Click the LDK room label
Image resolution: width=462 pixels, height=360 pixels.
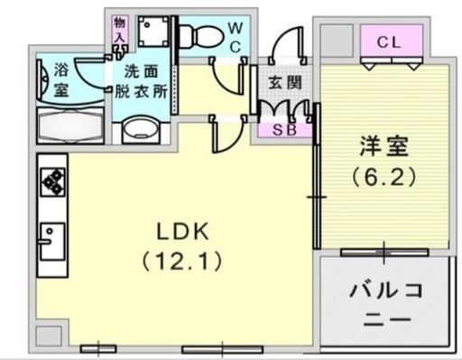click(x=183, y=231)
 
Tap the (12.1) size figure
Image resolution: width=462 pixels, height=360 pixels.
click(x=182, y=261)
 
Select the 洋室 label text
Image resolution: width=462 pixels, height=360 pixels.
click(x=384, y=146)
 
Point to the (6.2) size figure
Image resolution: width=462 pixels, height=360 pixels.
click(x=384, y=176)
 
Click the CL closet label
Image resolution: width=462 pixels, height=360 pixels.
click(x=389, y=42)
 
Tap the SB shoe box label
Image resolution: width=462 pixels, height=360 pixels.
click(x=284, y=130)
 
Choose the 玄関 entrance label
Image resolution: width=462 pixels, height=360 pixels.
click(x=285, y=82)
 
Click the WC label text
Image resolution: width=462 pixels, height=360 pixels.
click(x=236, y=38)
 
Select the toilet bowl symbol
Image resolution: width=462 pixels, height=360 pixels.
click(x=201, y=36)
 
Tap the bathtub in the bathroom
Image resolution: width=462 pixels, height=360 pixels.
click(x=70, y=125)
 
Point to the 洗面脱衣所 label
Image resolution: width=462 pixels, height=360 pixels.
click(x=141, y=81)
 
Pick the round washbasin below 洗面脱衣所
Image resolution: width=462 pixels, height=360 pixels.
click(x=141, y=129)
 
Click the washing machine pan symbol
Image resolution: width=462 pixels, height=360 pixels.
click(x=153, y=32)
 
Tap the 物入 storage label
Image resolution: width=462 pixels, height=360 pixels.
click(x=119, y=29)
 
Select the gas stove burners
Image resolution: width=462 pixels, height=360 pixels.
click(x=53, y=182)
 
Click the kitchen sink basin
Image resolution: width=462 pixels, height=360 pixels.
click(x=52, y=241)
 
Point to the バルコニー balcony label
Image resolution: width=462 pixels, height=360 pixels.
click(x=387, y=305)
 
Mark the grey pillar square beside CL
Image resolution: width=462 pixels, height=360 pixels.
click(x=337, y=41)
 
